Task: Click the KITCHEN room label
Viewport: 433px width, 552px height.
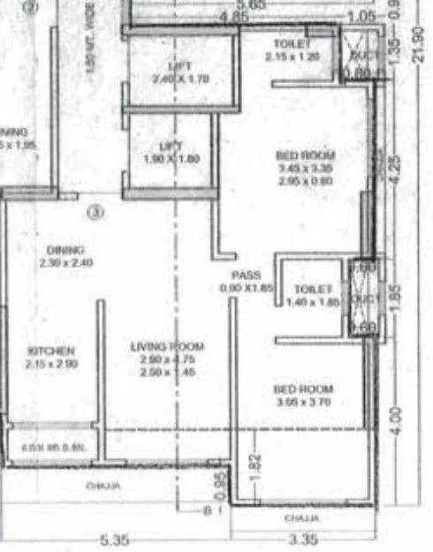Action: click(50, 352)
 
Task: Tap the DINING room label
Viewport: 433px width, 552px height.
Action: click(65, 250)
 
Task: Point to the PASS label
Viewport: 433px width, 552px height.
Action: click(245, 275)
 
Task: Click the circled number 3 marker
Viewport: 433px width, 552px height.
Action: click(96, 212)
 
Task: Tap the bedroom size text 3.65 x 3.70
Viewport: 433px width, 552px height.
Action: click(303, 403)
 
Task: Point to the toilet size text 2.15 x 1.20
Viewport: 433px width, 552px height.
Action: click(292, 56)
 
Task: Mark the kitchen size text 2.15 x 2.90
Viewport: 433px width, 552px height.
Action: click(50, 364)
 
